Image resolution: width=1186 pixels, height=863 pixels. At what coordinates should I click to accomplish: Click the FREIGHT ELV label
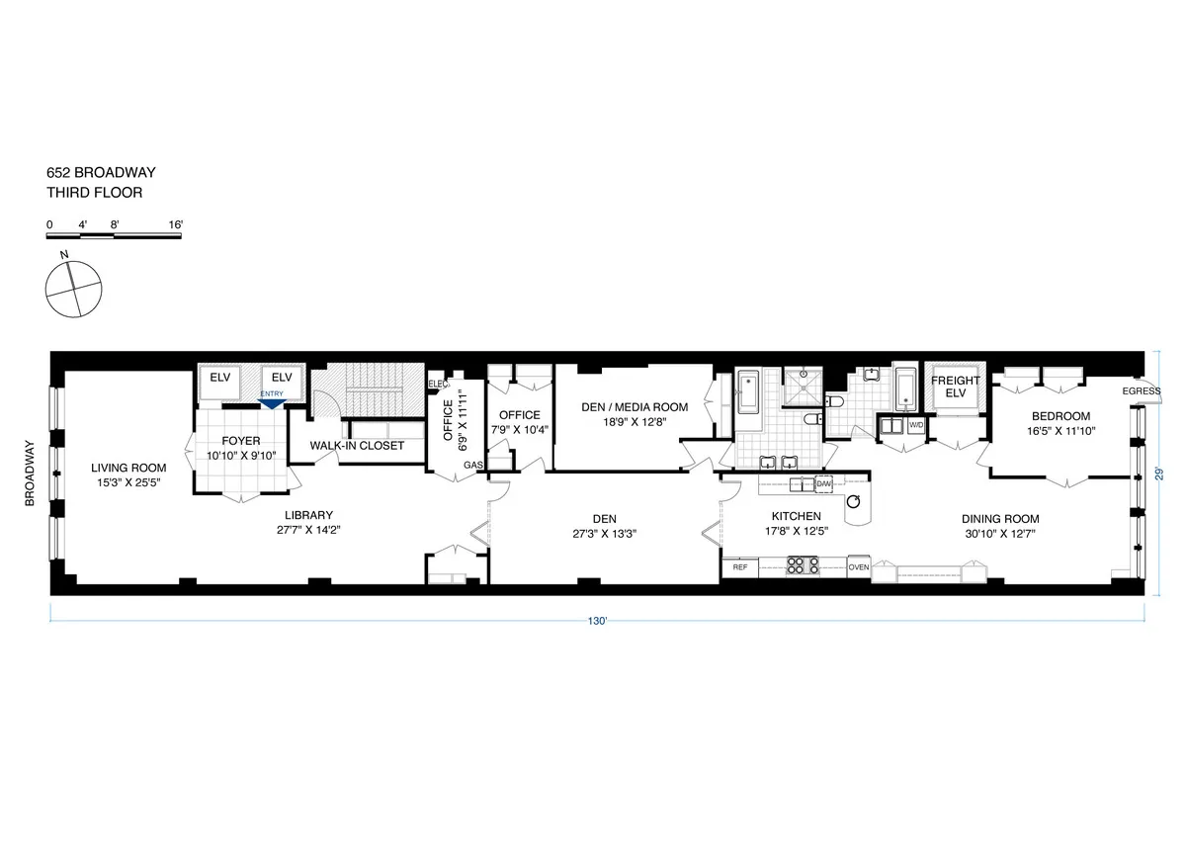tap(955, 388)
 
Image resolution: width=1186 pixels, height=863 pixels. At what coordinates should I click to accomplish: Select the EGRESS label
tap(1142, 391)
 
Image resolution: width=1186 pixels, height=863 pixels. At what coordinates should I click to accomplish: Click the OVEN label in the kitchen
tap(858, 567)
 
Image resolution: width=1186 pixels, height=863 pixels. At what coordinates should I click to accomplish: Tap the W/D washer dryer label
tap(916, 425)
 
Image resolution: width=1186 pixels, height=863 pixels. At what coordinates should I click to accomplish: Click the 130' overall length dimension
tap(597, 622)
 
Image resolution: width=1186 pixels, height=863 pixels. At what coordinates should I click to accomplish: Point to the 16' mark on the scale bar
tap(176, 225)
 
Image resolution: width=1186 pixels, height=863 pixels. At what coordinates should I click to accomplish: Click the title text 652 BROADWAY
tap(101, 173)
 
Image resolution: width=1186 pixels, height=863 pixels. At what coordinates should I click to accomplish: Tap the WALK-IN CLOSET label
tap(357, 446)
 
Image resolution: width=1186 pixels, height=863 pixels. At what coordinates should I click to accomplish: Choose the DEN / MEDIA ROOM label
tap(634, 406)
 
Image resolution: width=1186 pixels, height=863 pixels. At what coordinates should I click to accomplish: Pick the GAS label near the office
tap(473, 465)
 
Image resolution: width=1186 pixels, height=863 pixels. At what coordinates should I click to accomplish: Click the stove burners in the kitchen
tap(803, 566)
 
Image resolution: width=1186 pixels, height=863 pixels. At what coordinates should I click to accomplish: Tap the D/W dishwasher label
tap(823, 482)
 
